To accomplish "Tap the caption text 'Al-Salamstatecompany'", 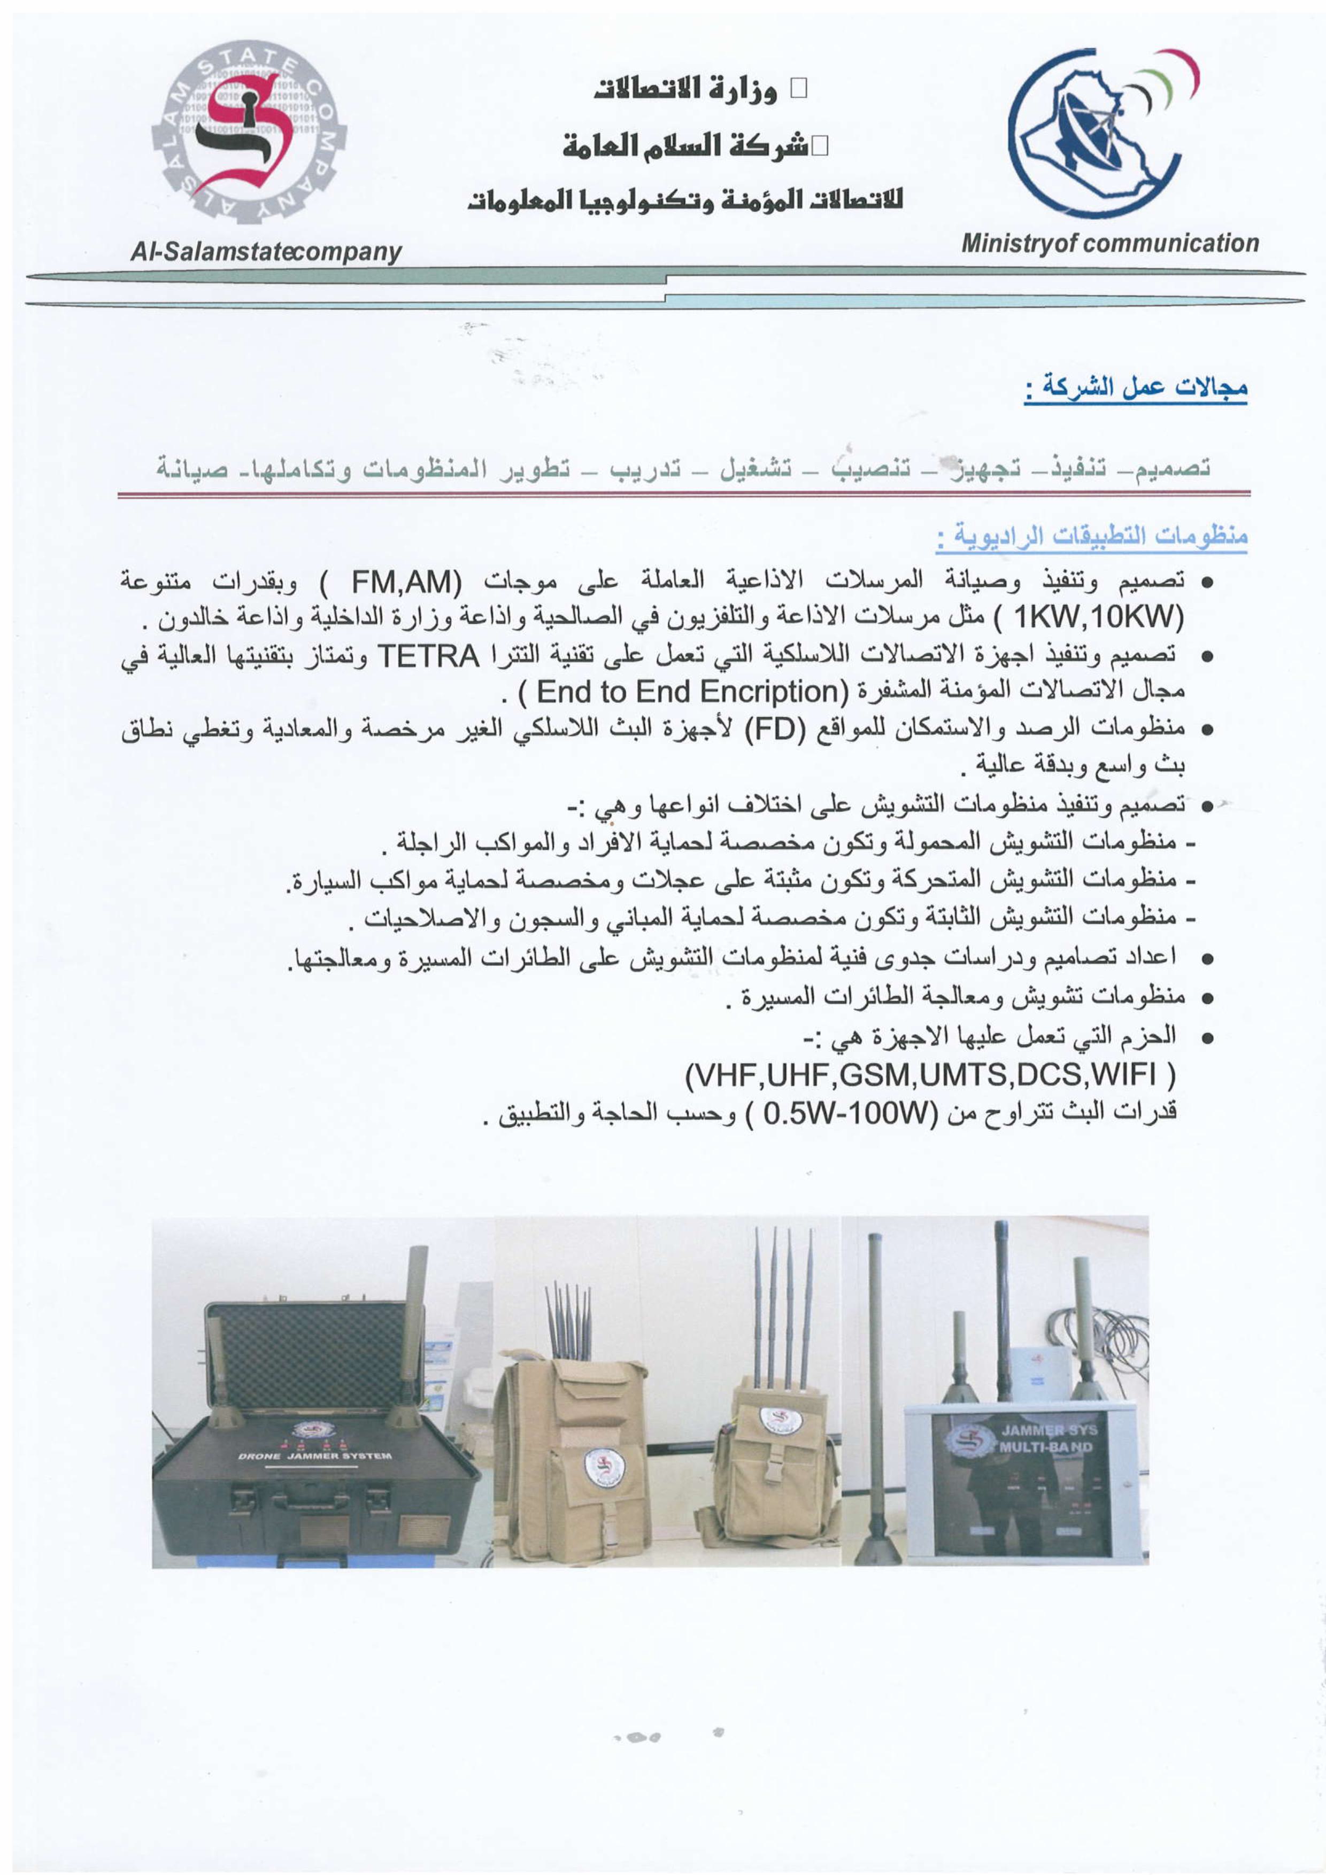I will [266, 252].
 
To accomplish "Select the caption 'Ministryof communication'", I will [1109, 243].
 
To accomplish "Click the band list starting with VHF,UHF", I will [930, 1076].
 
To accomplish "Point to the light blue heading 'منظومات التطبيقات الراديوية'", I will [1091, 537].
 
